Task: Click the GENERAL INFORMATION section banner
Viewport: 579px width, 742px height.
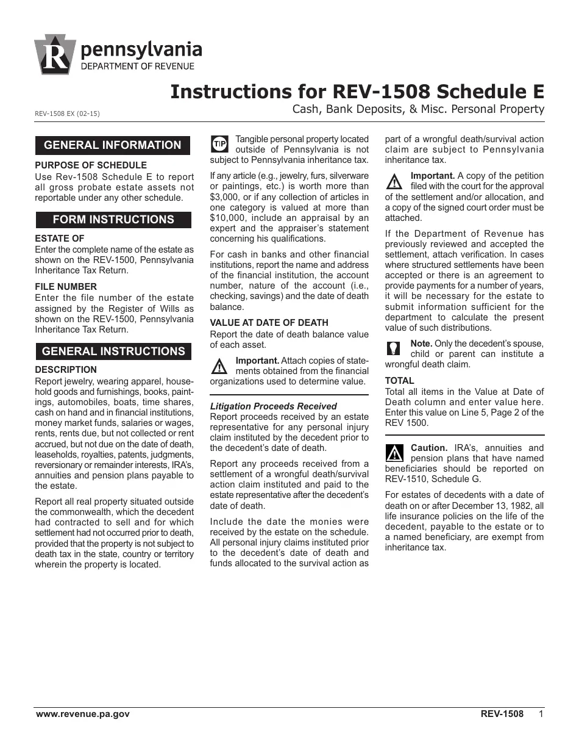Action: (x=113, y=145)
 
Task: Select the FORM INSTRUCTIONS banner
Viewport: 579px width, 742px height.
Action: (x=113, y=220)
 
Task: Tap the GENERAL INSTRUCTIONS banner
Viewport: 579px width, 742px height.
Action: (x=113, y=351)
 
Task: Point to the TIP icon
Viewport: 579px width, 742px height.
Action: (x=219, y=144)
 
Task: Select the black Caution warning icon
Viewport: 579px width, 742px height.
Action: (x=394, y=453)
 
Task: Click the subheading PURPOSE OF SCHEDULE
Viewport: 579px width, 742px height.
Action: (x=91, y=165)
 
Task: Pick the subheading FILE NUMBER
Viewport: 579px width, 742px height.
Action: (x=66, y=287)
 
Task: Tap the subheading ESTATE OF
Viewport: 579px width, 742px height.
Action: (x=60, y=239)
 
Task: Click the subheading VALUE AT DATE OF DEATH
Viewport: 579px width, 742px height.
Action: (x=269, y=323)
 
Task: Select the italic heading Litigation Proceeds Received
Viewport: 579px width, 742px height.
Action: (x=273, y=406)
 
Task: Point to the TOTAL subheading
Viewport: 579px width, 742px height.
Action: (x=399, y=381)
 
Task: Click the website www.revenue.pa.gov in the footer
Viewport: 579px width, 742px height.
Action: (x=82, y=714)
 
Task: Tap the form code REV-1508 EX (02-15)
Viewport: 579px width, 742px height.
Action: (x=67, y=114)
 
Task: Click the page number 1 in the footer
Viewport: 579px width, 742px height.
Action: (x=541, y=714)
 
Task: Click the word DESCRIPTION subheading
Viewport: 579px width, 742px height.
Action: (x=66, y=370)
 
